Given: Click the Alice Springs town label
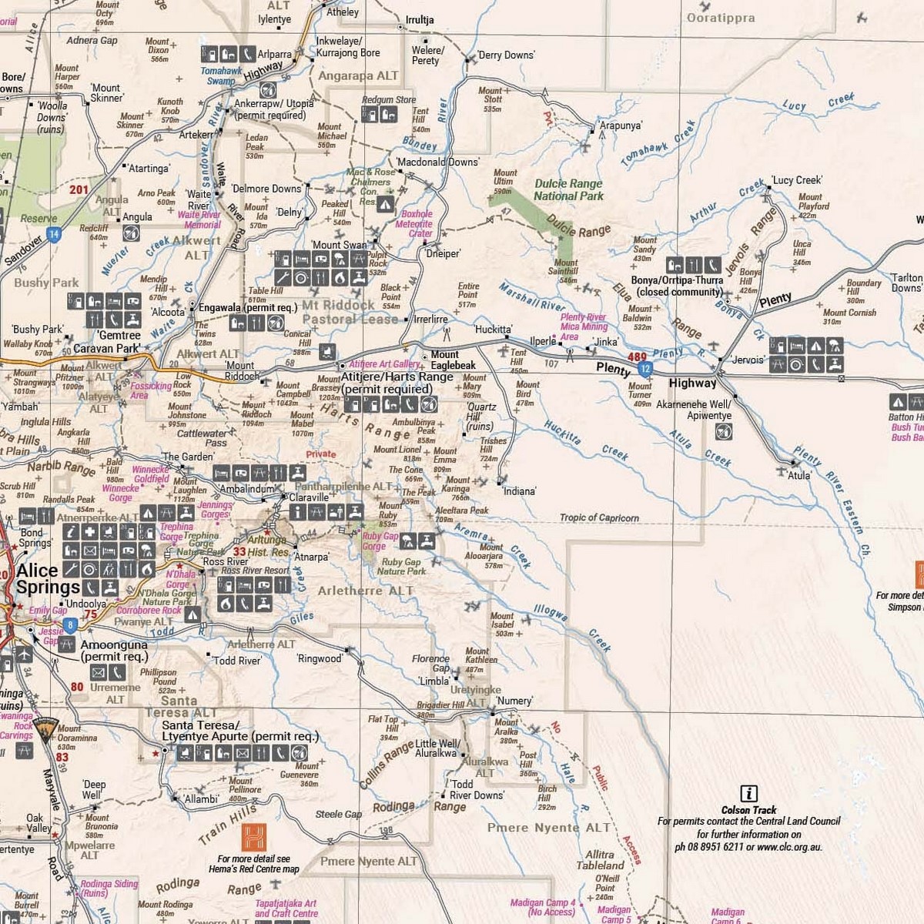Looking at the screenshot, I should click(x=48, y=579).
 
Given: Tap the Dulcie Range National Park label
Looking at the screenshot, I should click(x=568, y=189).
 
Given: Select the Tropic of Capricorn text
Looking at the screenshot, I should click(x=599, y=517).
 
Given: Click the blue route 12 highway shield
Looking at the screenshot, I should click(x=646, y=370).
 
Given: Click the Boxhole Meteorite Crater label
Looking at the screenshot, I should click(x=417, y=224).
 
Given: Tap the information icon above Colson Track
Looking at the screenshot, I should click(x=748, y=794).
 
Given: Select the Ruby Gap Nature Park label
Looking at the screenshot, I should click(x=401, y=567).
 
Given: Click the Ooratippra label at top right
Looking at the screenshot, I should click(x=720, y=18).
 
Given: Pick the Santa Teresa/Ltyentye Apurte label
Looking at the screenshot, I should click(x=239, y=731).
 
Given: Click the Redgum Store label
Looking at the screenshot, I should click(x=389, y=99).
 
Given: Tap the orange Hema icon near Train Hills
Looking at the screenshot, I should click(x=253, y=836).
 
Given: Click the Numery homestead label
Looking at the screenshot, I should click(x=514, y=701).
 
